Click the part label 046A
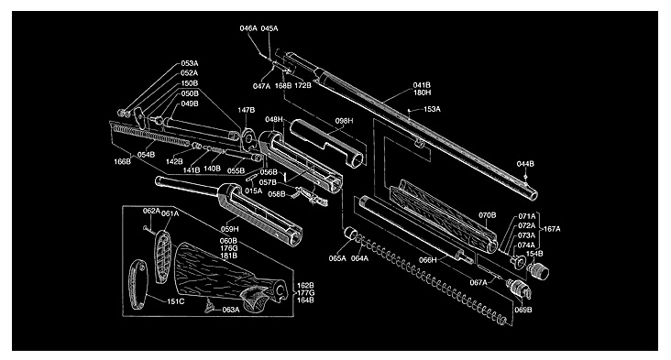point(248,28)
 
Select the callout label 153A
point(432,109)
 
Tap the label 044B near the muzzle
point(525,164)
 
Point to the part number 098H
point(344,121)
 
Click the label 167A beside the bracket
point(552,229)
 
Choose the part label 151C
point(175,302)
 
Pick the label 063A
point(231,310)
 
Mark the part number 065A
point(337,258)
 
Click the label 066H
point(428,260)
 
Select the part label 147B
point(246,110)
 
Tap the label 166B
point(123,161)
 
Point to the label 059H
point(230,229)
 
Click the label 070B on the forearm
point(487,215)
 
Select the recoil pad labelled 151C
point(138,284)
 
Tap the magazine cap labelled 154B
point(538,270)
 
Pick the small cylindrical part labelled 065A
point(350,234)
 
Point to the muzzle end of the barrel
point(532,195)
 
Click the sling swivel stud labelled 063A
point(210,306)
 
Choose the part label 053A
point(190,64)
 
